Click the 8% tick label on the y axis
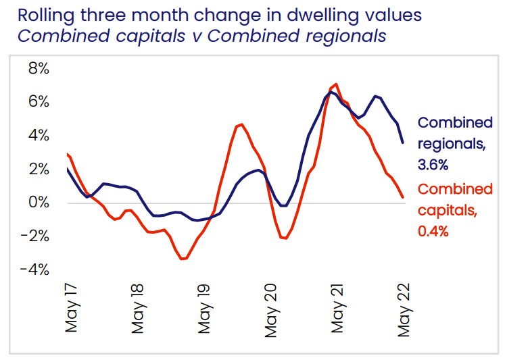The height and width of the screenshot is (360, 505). click(x=38, y=69)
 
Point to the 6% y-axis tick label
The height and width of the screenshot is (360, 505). click(x=38, y=102)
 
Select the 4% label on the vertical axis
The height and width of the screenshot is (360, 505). click(x=38, y=136)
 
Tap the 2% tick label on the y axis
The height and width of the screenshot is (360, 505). click(x=38, y=169)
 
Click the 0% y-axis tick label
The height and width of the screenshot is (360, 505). click(x=38, y=203)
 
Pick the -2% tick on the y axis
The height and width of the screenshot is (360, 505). click(x=34, y=236)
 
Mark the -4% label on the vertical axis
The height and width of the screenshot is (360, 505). click(x=34, y=269)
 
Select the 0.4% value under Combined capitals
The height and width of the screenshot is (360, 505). click(x=433, y=231)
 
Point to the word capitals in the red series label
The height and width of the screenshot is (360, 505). click(x=447, y=210)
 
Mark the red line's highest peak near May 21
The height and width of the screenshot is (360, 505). click(x=336, y=84)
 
